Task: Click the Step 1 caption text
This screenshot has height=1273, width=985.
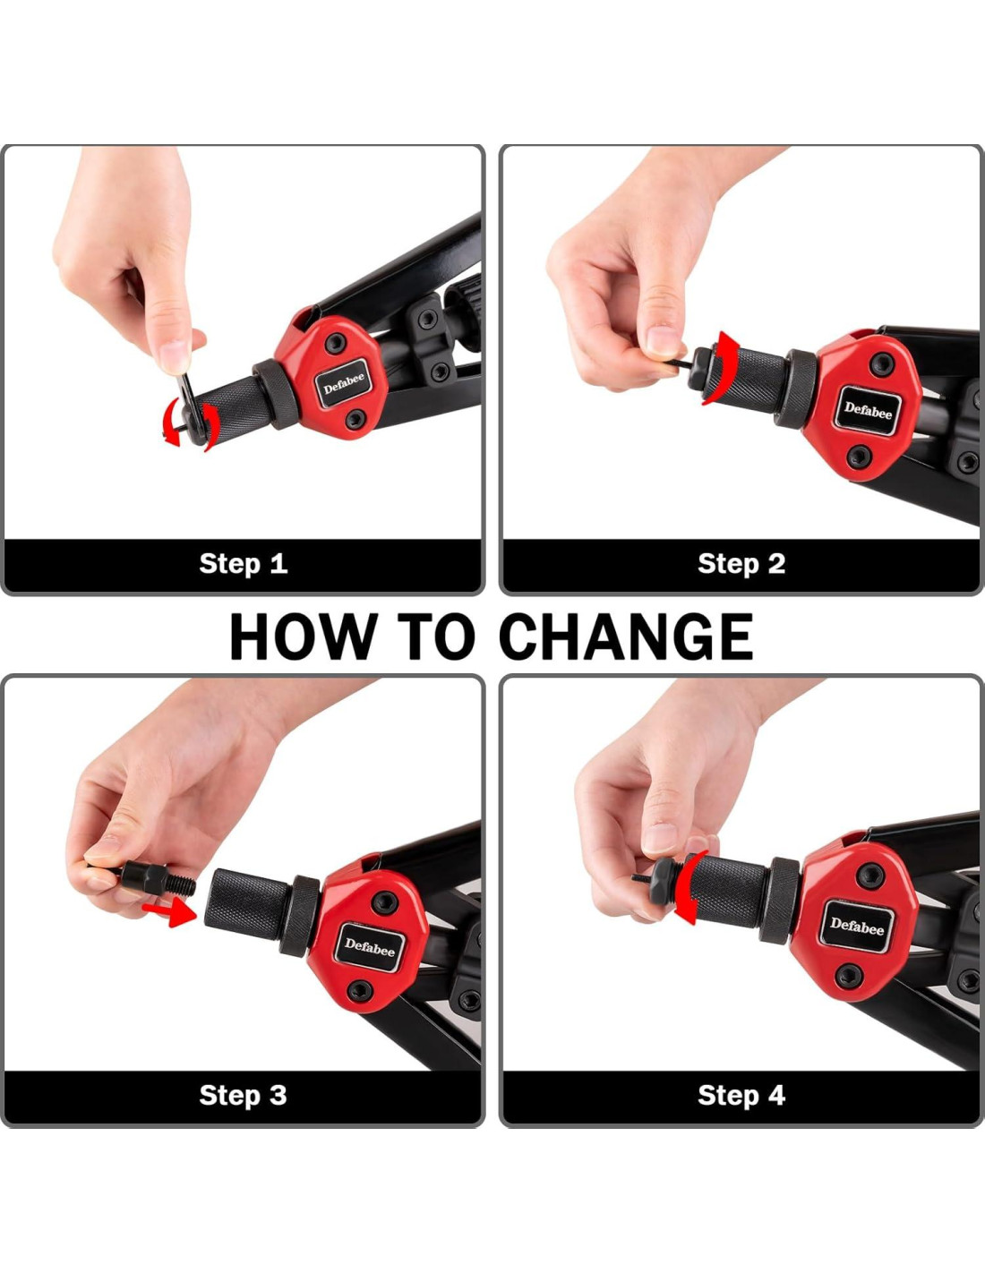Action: click(244, 564)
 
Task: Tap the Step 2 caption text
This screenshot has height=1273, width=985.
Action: click(741, 564)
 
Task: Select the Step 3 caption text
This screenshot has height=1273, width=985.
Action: click(244, 1095)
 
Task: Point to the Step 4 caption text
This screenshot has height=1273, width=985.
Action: click(741, 1095)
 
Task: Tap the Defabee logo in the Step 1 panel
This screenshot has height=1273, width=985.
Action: click(344, 384)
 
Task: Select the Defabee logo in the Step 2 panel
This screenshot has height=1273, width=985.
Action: click(869, 411)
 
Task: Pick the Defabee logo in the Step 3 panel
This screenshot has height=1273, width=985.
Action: click(369, 948)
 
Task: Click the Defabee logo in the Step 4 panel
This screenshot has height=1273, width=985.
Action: click(856, 927)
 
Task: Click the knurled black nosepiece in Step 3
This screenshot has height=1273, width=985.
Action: click(249, 904)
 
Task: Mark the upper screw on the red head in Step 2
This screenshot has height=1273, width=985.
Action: click(882, 365)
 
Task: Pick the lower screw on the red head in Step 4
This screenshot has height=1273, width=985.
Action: click(849, 977)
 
